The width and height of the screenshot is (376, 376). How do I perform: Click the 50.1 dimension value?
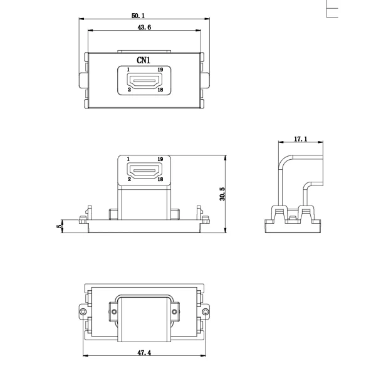point(138,16)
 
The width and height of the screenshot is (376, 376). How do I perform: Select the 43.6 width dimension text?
point(144,28)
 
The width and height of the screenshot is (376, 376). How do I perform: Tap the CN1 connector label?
point(144,60)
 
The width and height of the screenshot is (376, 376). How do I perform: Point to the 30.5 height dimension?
point(222,194)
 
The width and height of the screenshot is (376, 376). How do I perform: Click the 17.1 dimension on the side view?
point(300,139)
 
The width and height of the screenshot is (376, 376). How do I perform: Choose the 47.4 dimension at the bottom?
point(144,353)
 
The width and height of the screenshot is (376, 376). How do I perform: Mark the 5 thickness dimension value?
point(59,226)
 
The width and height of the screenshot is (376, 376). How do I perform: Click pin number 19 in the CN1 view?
point(160,70)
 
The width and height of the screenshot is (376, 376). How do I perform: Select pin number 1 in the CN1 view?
point(128,70)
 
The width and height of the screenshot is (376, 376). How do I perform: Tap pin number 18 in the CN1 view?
point(160,90)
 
